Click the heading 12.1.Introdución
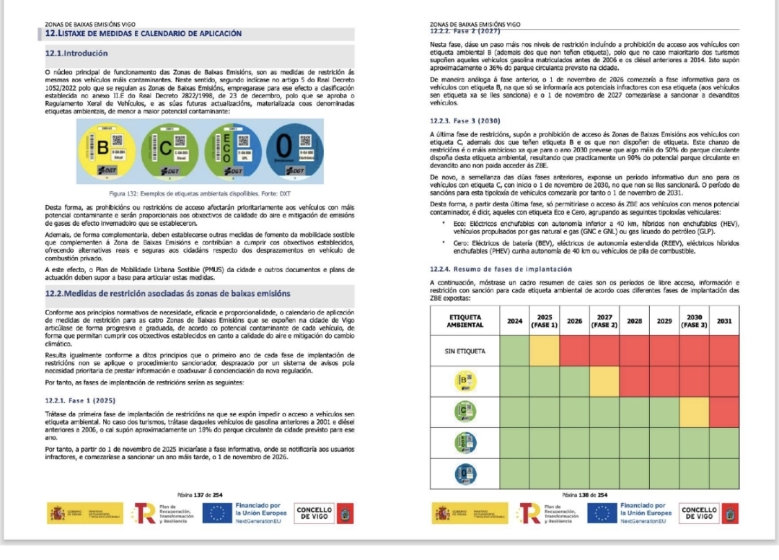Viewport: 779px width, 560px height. [x=76, y=53]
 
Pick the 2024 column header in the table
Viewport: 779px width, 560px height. [x=515, y=320]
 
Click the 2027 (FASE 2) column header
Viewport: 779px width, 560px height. [x=604, y=320]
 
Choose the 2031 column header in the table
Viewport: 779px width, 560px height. [x=723, y=320]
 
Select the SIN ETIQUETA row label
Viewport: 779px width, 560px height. [x=465, y=351]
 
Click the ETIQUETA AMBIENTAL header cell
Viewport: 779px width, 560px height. [x=465, y=320]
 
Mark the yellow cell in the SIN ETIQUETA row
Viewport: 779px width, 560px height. [x=545, y=351]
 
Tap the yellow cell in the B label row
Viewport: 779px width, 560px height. [x=604, y=381]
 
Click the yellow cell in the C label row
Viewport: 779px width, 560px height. [x=694, y=411]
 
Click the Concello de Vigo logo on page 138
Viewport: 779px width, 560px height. [x=699, y=513]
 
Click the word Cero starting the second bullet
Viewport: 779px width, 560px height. [x=459, y=244]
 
